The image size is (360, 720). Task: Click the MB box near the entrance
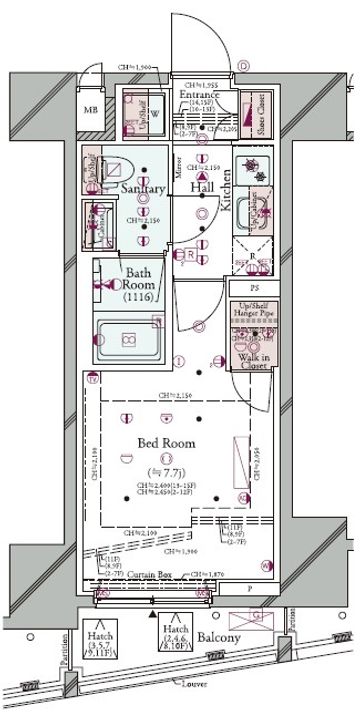coord(91,110)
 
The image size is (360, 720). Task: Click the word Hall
coord(202,187)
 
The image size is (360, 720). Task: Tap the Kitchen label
coord(226,189)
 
